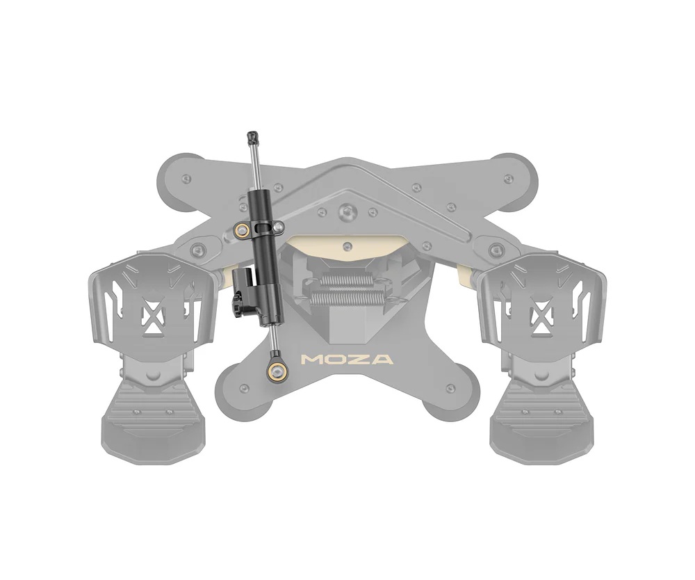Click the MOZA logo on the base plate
[x=346, y=359]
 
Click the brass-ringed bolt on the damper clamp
[x=242, y=229]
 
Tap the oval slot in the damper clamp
[x=263, y=227]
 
